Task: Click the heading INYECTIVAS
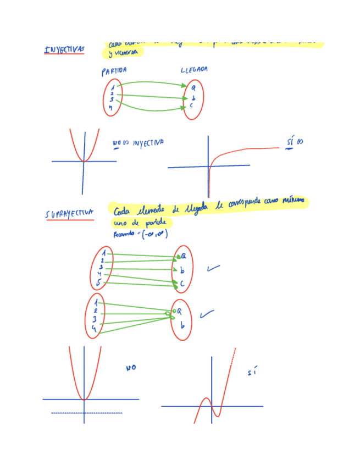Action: click(x=64, y=50)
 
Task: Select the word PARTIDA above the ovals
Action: click(x=114, y=71)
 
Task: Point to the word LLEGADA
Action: click(x=194, y=70)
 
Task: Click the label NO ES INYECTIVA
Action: click(x=138, y=143)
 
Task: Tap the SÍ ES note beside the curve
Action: click(x=294, y=142)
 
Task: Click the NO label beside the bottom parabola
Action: click(x=131, y=368)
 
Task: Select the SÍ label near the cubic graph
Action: click(x=252, y=373)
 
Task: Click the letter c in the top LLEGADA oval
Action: click(x=192, y=105)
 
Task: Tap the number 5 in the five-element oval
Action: click(x=98, y=282)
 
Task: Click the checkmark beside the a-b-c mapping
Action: click(x=213, y=269)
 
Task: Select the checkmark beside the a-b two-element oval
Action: click(x=207, y=314)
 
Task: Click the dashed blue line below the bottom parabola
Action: click(x=86, y=413)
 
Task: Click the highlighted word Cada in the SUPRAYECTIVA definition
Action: click(x=123, y=212)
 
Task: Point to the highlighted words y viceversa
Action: click(x=121, y=53)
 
